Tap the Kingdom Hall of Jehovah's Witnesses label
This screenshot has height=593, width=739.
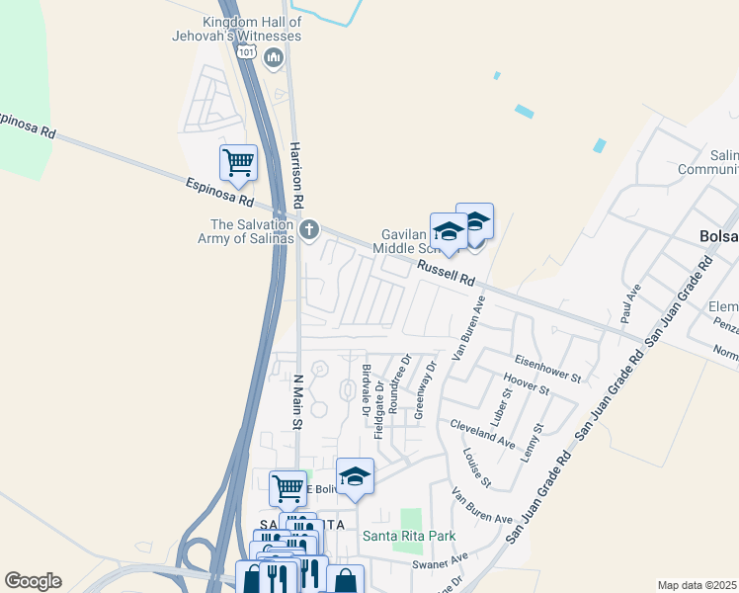[x=250, y=29]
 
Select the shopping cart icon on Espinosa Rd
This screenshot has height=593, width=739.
[x=238, y=163]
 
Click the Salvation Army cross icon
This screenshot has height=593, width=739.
[x=308, y=230]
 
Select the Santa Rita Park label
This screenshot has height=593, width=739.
[x=407, y=537]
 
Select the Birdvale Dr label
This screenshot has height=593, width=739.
[x=366, y=389]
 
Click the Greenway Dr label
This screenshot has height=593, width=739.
[x=423, y=389]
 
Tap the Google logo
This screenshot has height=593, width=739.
[x=33, y=581]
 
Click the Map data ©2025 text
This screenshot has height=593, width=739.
[x=698, y=585]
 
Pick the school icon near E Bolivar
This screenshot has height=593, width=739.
[x=356, y=478]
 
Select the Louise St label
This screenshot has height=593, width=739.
[x=476, y=467]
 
